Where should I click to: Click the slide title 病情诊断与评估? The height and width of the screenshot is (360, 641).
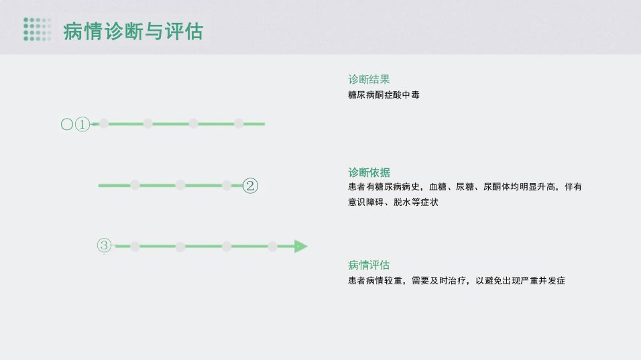pyautogui.click(x=133, y=32)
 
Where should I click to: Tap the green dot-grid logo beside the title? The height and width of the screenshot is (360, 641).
pyautogui.click(x=37, y=29)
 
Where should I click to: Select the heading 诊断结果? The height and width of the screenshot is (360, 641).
pyautogui.click(x=369, y=79)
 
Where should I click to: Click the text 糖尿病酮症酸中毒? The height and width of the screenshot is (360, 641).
pyautogui.click(x=384, y=95)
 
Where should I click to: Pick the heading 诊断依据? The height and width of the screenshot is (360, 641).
pyautogui.click(x=369, y=172)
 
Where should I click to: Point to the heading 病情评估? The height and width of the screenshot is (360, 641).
pyautogui.click(x=369, y=265)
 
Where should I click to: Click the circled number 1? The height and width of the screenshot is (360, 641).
pyautogui.click(x=82, y=124)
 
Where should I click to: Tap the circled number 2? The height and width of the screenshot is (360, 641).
pyautogui.click(x=250, y=186)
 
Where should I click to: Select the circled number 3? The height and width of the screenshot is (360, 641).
pyautogui.click(x=104, y=245)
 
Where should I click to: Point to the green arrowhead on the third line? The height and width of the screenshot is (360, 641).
pyautogui.click(x=300, y=247)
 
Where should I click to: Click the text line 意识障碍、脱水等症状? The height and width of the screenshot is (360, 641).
pyautogui.click(x=393, y=202)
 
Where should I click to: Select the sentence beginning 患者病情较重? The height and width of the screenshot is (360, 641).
pyautogui.click(x=457, y=281)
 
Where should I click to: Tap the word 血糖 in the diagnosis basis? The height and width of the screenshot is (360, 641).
pyautogui.click(x=438, y=187)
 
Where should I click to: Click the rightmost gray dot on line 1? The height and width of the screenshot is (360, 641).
pyautogui.click(x=239, y=123)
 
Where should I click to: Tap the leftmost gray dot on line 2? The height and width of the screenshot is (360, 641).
pyautogui.click(x=135, y=185)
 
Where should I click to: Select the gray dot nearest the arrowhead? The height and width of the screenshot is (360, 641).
pyautogui.click(x=273, y=247)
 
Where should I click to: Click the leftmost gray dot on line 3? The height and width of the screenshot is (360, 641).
pyautogui.click(x=135, y=247)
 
